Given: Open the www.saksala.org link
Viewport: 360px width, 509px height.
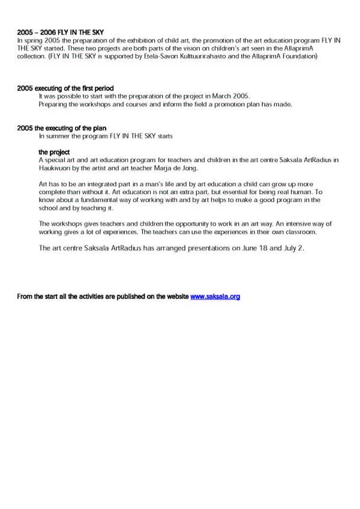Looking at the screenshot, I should [x=215, y=296].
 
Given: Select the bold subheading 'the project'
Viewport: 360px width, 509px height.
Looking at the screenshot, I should [x=54, y=152].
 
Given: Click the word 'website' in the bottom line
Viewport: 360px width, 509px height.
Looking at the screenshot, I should [x=175, y=296].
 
